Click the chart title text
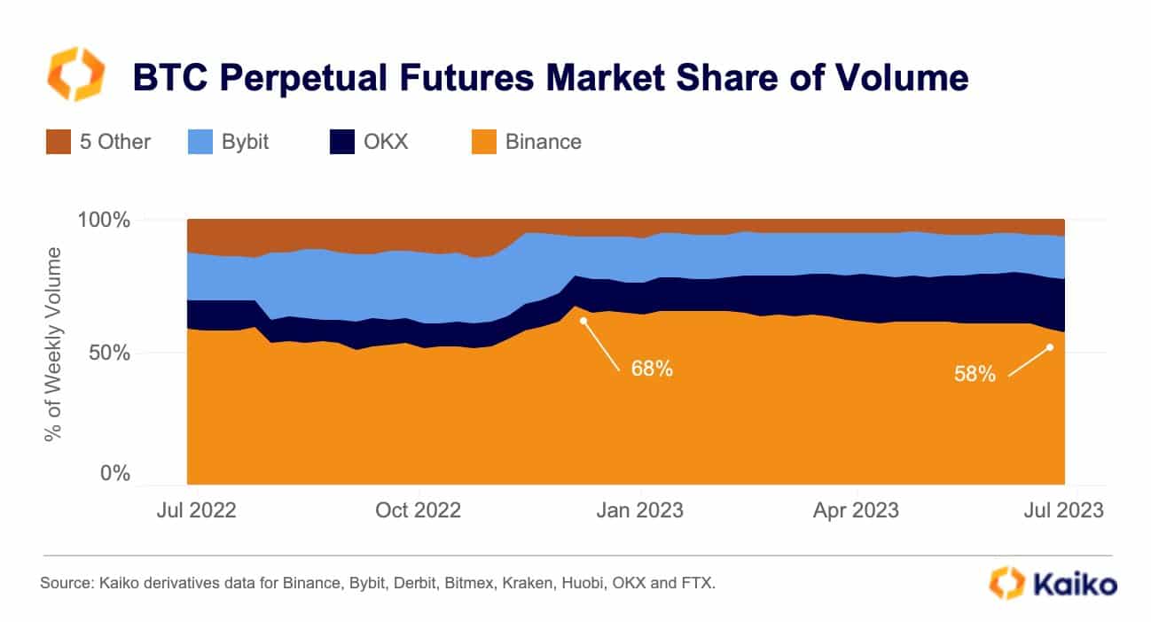(x=550, y=78)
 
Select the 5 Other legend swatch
(x=58, y=142)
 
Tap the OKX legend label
(x=387, y=142)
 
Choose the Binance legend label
(x=544, y=142)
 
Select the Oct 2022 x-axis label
(x=419, y=511)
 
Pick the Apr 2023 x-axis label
(x=857, y=511)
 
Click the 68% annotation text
(x=652, y=369)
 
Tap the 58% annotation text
(x=975, y=374)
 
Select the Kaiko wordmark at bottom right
(x=1075, y=584)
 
